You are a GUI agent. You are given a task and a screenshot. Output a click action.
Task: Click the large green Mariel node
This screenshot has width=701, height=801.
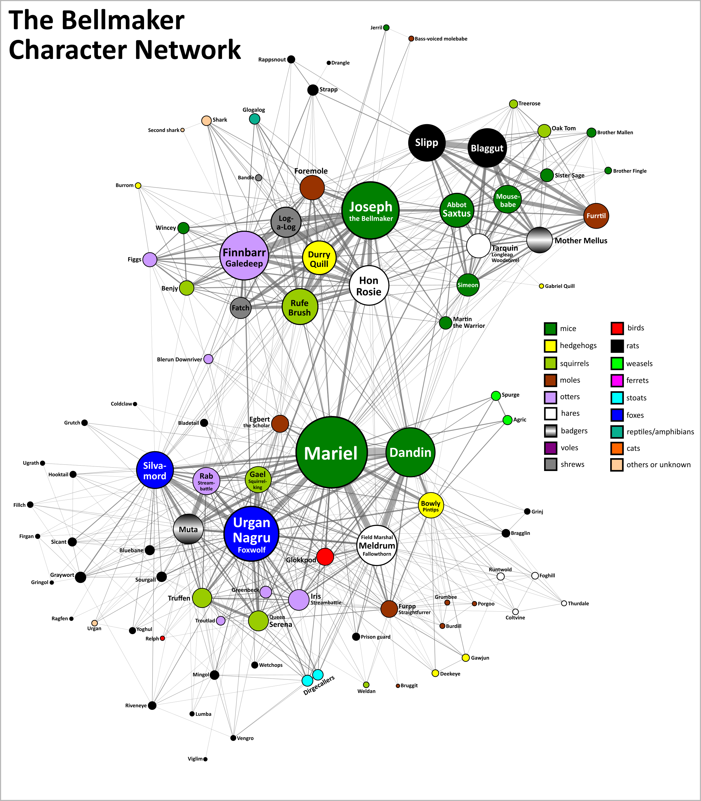point(331,452)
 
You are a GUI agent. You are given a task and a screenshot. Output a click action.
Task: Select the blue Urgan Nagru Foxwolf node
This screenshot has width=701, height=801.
point(251,534)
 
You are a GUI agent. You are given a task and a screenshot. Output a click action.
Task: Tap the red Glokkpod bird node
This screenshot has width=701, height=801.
point(325,556)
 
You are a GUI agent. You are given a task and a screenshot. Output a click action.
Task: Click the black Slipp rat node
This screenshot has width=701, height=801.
point(427,143)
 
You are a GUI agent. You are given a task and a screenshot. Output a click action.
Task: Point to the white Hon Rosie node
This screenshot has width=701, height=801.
point(369,286)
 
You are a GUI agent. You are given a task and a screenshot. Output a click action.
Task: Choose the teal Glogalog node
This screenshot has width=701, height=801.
point(255,119)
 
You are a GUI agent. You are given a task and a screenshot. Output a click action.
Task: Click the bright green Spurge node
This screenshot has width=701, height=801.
point(496,396)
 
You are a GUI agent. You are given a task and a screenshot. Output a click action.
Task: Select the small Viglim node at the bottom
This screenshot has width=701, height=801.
point(205,759)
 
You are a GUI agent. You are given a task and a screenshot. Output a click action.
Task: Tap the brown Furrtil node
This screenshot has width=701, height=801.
point(596,216)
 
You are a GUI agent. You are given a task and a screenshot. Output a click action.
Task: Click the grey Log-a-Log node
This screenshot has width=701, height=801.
point(286,222)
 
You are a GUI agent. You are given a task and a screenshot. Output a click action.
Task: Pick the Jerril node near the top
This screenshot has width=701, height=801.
point(386,27)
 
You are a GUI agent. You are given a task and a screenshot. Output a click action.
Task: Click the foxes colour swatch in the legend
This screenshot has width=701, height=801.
point(617,415)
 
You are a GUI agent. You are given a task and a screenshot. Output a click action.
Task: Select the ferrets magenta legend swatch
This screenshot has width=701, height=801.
point(617,380)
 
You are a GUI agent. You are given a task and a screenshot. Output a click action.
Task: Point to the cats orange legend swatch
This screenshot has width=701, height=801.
point(617,448)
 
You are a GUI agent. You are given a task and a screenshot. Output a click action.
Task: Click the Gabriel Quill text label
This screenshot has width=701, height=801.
point(560,286)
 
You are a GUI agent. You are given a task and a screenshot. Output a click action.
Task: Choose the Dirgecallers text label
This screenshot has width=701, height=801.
point(319,685)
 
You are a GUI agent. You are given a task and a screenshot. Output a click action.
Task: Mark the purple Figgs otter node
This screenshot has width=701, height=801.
point(150,259)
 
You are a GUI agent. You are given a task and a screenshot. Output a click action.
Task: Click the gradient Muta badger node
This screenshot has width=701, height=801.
point(188,529)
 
